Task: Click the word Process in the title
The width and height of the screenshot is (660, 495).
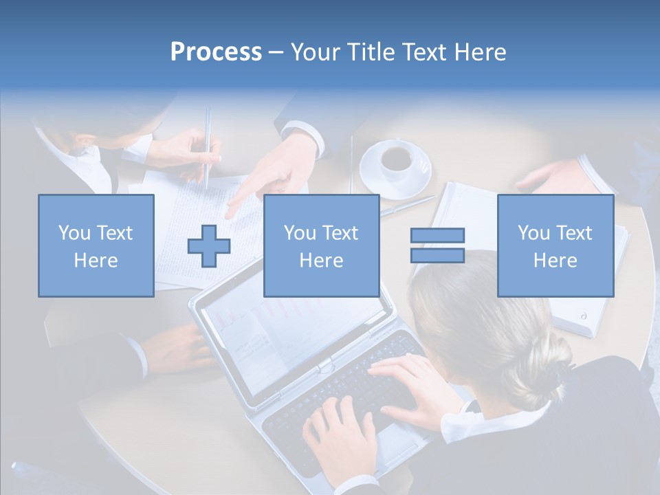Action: pyautogui.click(x=216, y=52)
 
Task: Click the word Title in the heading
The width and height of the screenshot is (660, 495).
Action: pyautogui.click(x=367, y=52)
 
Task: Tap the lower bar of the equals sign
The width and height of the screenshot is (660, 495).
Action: pyautogui.click(x=437, y=255)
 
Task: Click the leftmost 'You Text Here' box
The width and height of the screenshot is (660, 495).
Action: pyautogui.click(x=96, y=245)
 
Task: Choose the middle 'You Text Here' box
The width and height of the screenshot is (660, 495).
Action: pyautogui.click(x=321, y=245)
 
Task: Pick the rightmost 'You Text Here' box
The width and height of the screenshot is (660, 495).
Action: pyautogui.click(x=555, y=245)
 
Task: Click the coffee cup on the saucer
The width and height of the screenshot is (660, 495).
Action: pyautogui.click(x=397, y=158)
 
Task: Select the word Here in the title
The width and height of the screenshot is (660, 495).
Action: pyautogui.click(x=479, y=52)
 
